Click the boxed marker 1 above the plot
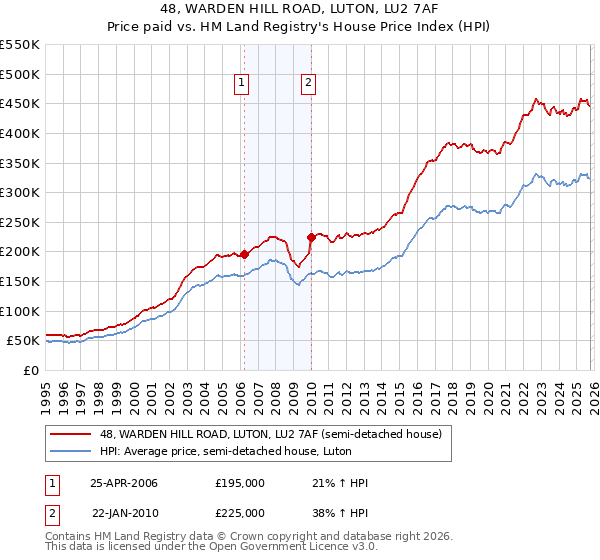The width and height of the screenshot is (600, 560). (243, 84)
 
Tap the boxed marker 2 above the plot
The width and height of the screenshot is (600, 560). (308, 84)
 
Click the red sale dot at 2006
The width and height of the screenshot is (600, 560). (244, 254)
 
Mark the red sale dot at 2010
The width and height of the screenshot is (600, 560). (311, 237)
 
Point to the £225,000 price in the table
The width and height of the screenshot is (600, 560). (240, 513)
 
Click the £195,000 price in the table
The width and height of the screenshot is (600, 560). (240, 483)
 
